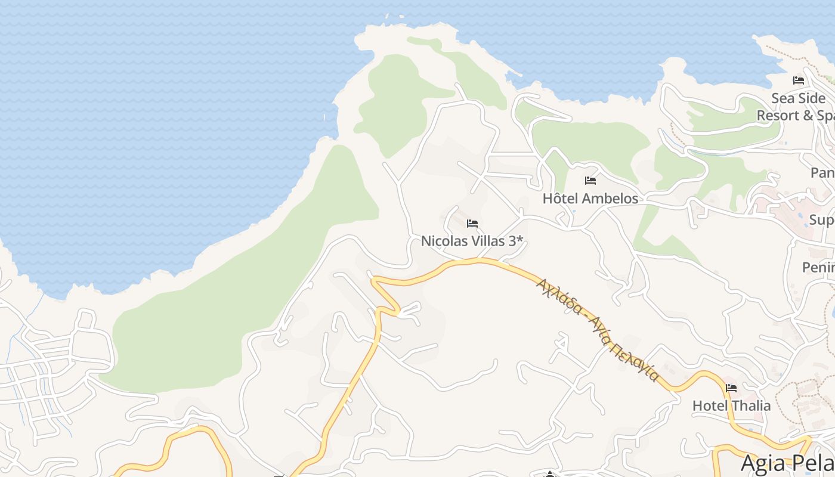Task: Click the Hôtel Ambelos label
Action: point(590,199)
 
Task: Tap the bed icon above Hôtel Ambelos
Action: point(590,180)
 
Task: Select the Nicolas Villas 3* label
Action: point(472,241)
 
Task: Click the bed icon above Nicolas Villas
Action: point(472,224)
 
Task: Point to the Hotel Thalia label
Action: point(731,406)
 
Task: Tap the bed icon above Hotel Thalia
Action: point(731,388)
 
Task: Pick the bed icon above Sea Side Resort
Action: point(799,80)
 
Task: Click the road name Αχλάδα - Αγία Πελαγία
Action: point(597,330)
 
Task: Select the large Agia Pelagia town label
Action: point(787,464)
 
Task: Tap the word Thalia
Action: point(751,406)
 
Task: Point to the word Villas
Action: point(488,241)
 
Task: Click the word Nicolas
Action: point(445,241)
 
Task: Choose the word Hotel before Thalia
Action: point(710,406)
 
